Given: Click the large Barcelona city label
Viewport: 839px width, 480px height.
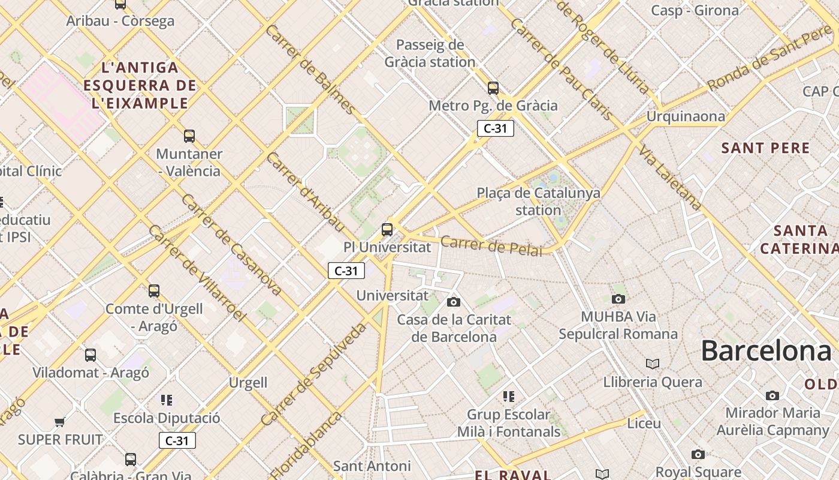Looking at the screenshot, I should point(766,350).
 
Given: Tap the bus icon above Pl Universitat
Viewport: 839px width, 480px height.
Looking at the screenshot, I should point(387,229).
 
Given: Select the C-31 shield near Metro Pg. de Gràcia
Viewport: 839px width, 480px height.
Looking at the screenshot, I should point(496,128).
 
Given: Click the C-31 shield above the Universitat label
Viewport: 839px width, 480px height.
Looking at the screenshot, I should point(346,271).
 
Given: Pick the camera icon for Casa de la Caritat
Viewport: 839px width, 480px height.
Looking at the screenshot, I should point(454,302).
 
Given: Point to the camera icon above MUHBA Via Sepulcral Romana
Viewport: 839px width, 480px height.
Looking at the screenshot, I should point(618,299).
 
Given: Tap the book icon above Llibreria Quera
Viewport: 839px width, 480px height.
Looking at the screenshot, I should point(653,364).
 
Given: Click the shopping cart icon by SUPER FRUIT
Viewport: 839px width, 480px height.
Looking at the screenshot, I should point(60,422).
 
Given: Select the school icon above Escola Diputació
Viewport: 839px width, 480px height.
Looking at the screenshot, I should point(167,400).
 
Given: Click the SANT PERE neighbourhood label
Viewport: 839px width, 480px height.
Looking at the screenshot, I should point(765,148).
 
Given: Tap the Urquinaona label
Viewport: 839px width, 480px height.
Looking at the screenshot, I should point(686,116).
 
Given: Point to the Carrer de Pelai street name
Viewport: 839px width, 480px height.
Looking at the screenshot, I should point(491,246).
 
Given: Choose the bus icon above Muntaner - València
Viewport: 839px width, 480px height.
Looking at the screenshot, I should point(189,136).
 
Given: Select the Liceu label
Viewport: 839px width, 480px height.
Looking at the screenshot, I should point(644,424).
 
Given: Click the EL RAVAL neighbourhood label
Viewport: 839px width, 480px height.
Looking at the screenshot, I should point(512,475).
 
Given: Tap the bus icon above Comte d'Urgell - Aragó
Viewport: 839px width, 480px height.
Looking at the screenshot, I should point(154,291).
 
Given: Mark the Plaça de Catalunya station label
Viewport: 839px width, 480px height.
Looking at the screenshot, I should point(538,202).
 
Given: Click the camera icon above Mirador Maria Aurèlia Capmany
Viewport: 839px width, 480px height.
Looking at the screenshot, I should point(772,395).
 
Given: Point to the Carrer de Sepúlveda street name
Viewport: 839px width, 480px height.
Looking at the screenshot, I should point(313,374).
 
